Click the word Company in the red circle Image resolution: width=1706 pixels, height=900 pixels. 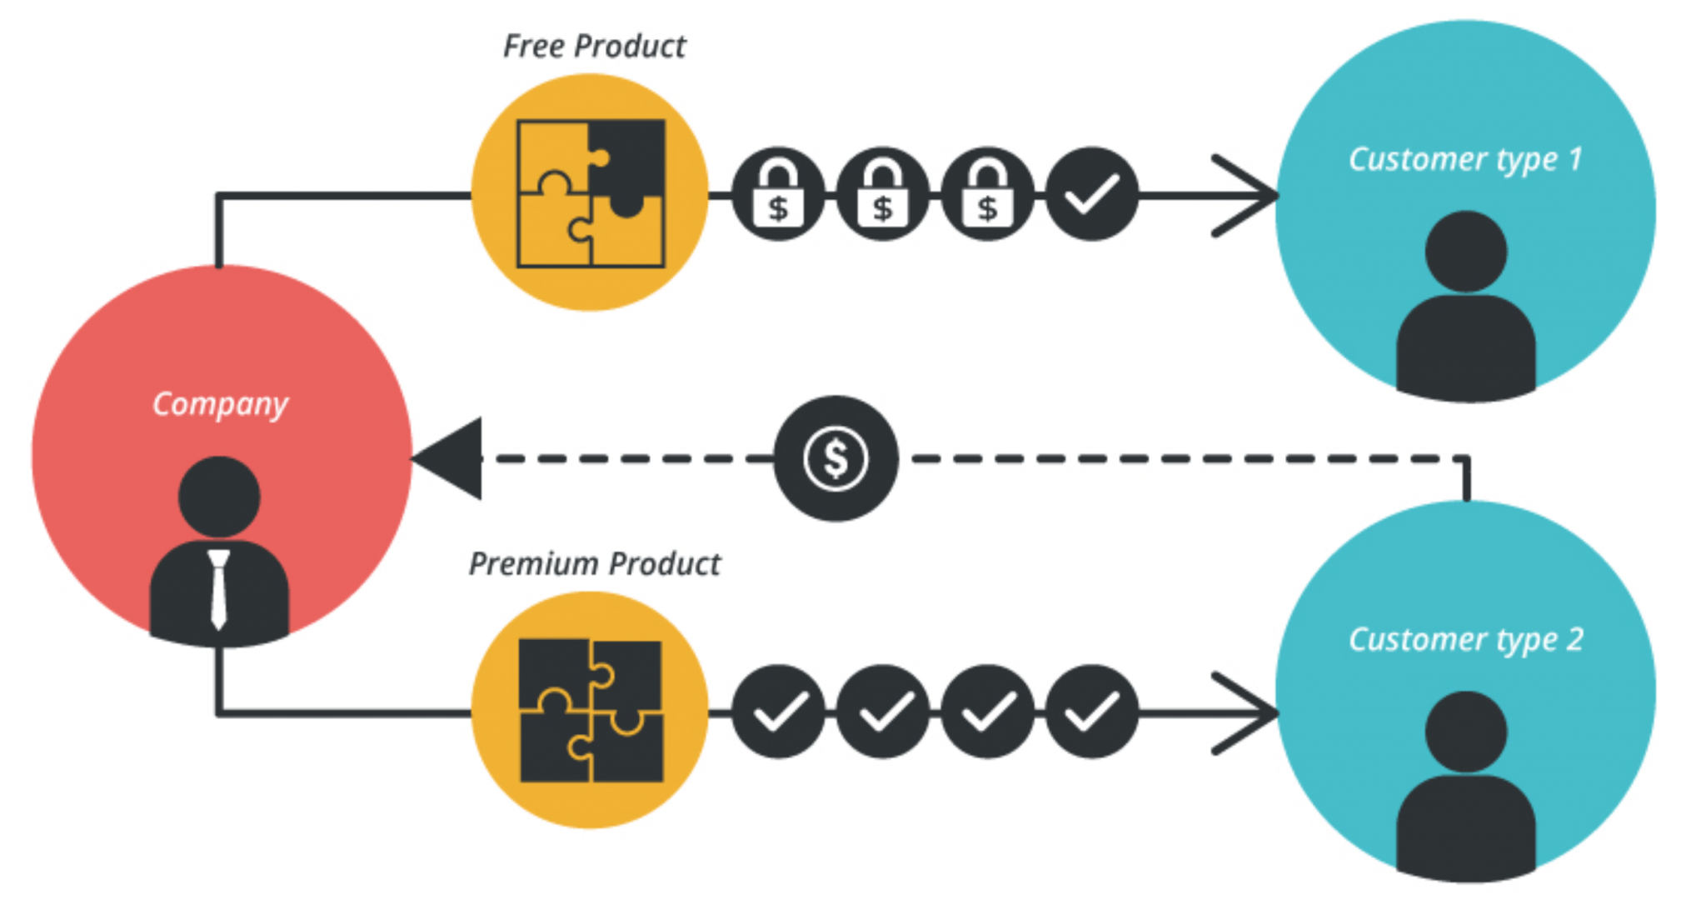[220, 404]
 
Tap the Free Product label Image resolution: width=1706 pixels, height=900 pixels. [594, 47]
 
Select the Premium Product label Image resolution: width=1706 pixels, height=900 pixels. [594, 564]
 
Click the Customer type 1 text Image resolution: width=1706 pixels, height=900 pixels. [1464, 159]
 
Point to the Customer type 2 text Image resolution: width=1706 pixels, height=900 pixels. [1465, 639]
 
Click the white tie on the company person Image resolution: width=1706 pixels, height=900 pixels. [219, 587]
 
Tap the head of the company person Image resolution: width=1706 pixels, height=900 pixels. [219, 497]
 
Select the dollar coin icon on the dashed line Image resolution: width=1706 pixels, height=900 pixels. [836, 458]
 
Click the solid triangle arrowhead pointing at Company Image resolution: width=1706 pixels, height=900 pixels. [452, 458]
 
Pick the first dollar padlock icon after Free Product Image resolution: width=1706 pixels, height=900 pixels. [778, 195]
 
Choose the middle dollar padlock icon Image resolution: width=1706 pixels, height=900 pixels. [882, 195]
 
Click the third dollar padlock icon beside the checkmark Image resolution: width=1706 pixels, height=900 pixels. [987, 195]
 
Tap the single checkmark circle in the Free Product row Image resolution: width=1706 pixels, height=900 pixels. [1091, 195]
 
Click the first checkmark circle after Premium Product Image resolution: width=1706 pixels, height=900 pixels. [778, 712]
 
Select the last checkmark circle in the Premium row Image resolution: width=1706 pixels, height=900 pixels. [1091, 712]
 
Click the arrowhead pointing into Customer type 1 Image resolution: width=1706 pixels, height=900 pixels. [1250, 196]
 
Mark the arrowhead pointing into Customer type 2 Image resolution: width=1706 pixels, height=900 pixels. [1250, 713]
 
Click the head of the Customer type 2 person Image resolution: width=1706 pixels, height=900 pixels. [1466, 732]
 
